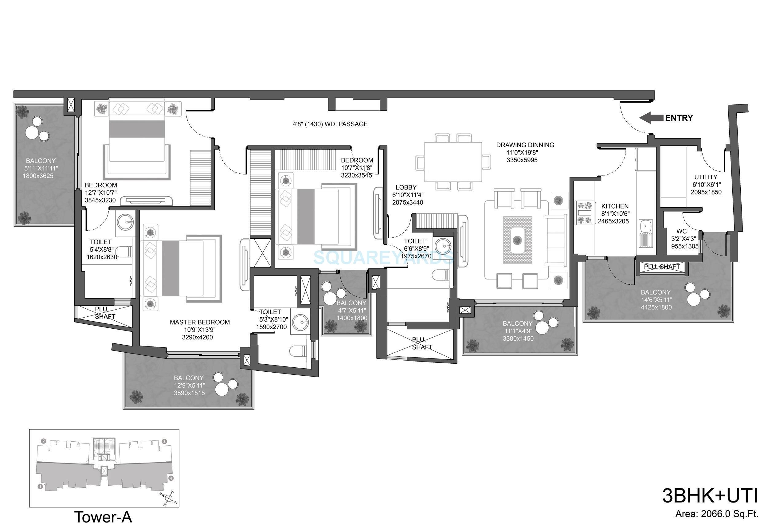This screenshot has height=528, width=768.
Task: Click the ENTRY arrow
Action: [x=651, y=118]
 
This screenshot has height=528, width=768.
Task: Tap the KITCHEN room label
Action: [x=615, y=206]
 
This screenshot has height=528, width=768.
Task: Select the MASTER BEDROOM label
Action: [x=200, y=322]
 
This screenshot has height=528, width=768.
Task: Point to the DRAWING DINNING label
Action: [x=525, y=145]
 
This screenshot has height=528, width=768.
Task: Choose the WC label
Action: [x=681, y=231]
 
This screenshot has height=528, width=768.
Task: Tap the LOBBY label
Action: [x=406, y=187]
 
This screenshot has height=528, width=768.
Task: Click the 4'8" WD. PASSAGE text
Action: [x=330, y=124]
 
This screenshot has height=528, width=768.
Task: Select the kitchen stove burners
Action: [x=584, y=212]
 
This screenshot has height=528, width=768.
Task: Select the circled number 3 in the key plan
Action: [x=164, y=441]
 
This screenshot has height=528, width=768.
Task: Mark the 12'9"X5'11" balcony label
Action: [x=189, y=385]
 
